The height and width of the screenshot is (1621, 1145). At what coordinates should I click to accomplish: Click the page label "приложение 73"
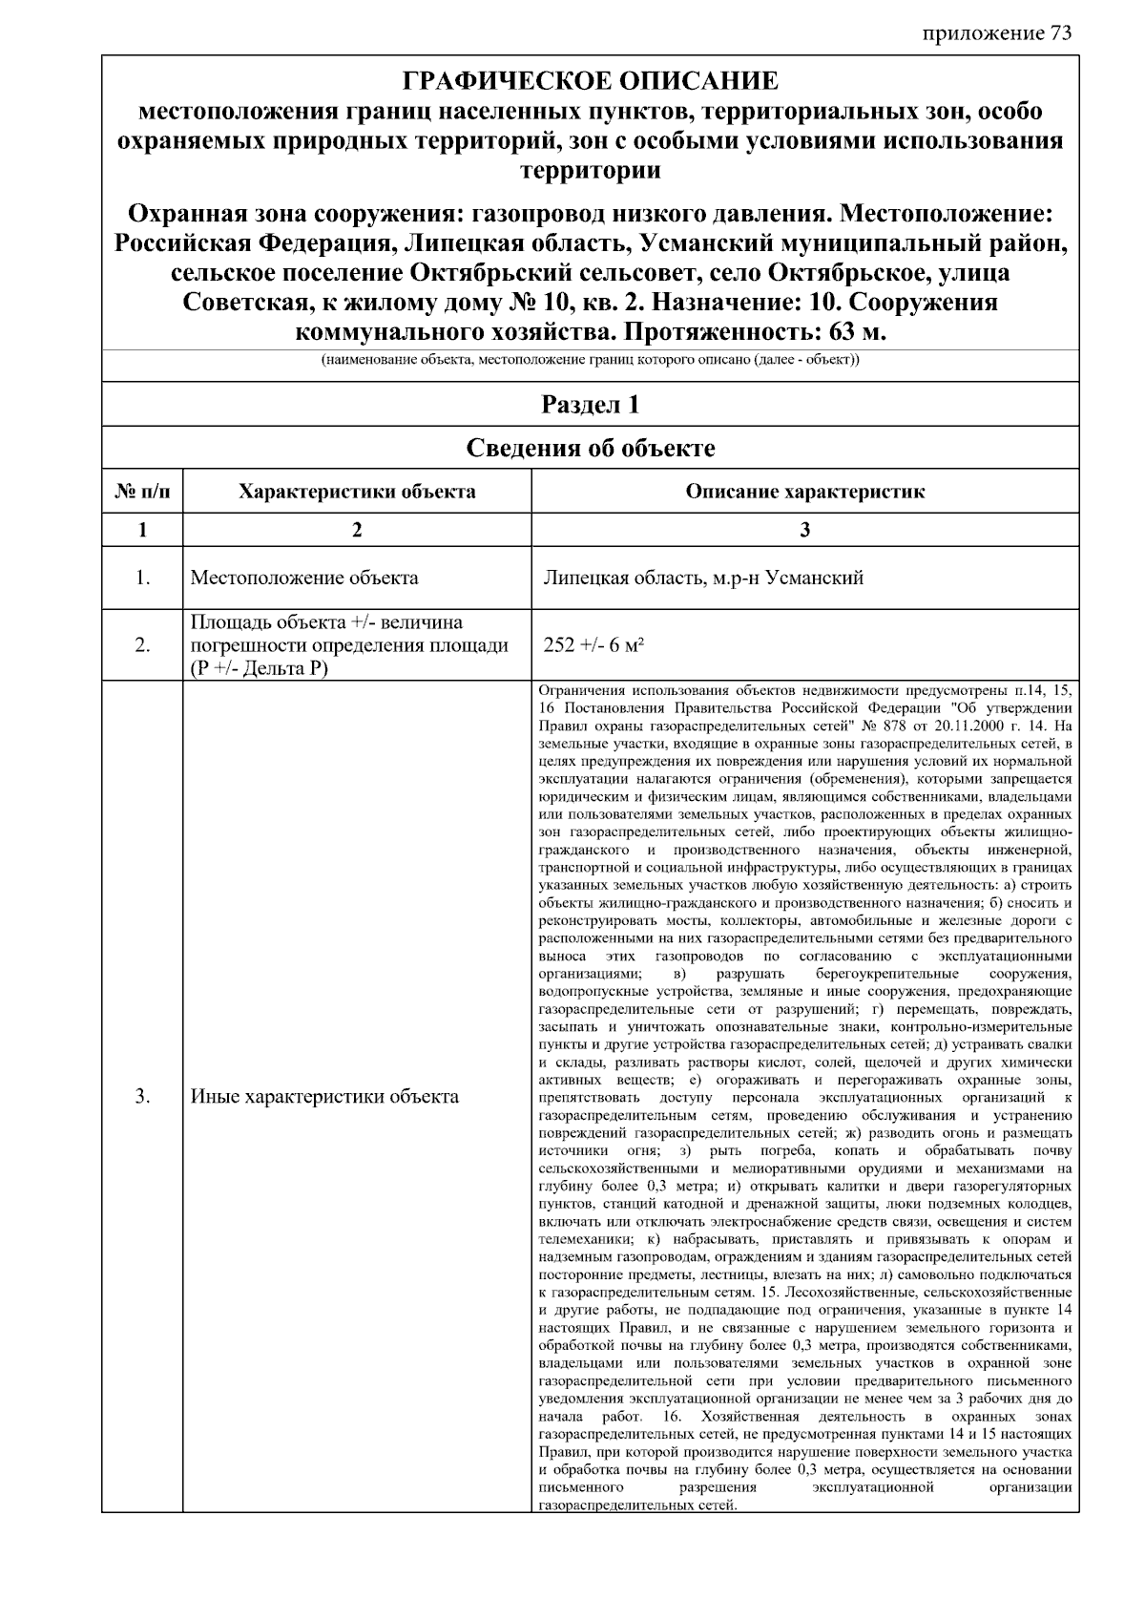click(997, 33)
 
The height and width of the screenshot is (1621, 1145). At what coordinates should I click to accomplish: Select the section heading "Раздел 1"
click(590, 405)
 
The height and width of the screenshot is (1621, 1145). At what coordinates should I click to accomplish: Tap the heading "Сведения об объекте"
click(590, 448)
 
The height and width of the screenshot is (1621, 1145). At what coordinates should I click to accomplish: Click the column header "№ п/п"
click(141, 493)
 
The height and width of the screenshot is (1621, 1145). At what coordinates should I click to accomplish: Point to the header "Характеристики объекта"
click(357, 493)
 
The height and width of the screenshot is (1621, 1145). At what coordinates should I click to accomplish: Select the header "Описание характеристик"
click(804, 493)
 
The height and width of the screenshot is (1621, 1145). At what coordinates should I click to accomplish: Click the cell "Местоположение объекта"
click(303, 578)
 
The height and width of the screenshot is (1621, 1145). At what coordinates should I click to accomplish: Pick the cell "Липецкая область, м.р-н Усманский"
click(702, 578)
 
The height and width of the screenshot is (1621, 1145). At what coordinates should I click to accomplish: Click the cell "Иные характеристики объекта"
click(324, 1096)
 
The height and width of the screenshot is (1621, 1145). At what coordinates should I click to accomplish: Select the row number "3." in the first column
click(142, 1096)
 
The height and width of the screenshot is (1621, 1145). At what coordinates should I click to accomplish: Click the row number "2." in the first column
click(142, 645)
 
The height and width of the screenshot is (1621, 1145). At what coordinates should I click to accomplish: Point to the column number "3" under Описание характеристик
click(804, 531)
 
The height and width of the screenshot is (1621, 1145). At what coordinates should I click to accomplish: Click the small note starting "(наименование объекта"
click(590, 362)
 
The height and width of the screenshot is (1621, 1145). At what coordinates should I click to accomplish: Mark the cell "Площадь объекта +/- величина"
click(326, 623)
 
